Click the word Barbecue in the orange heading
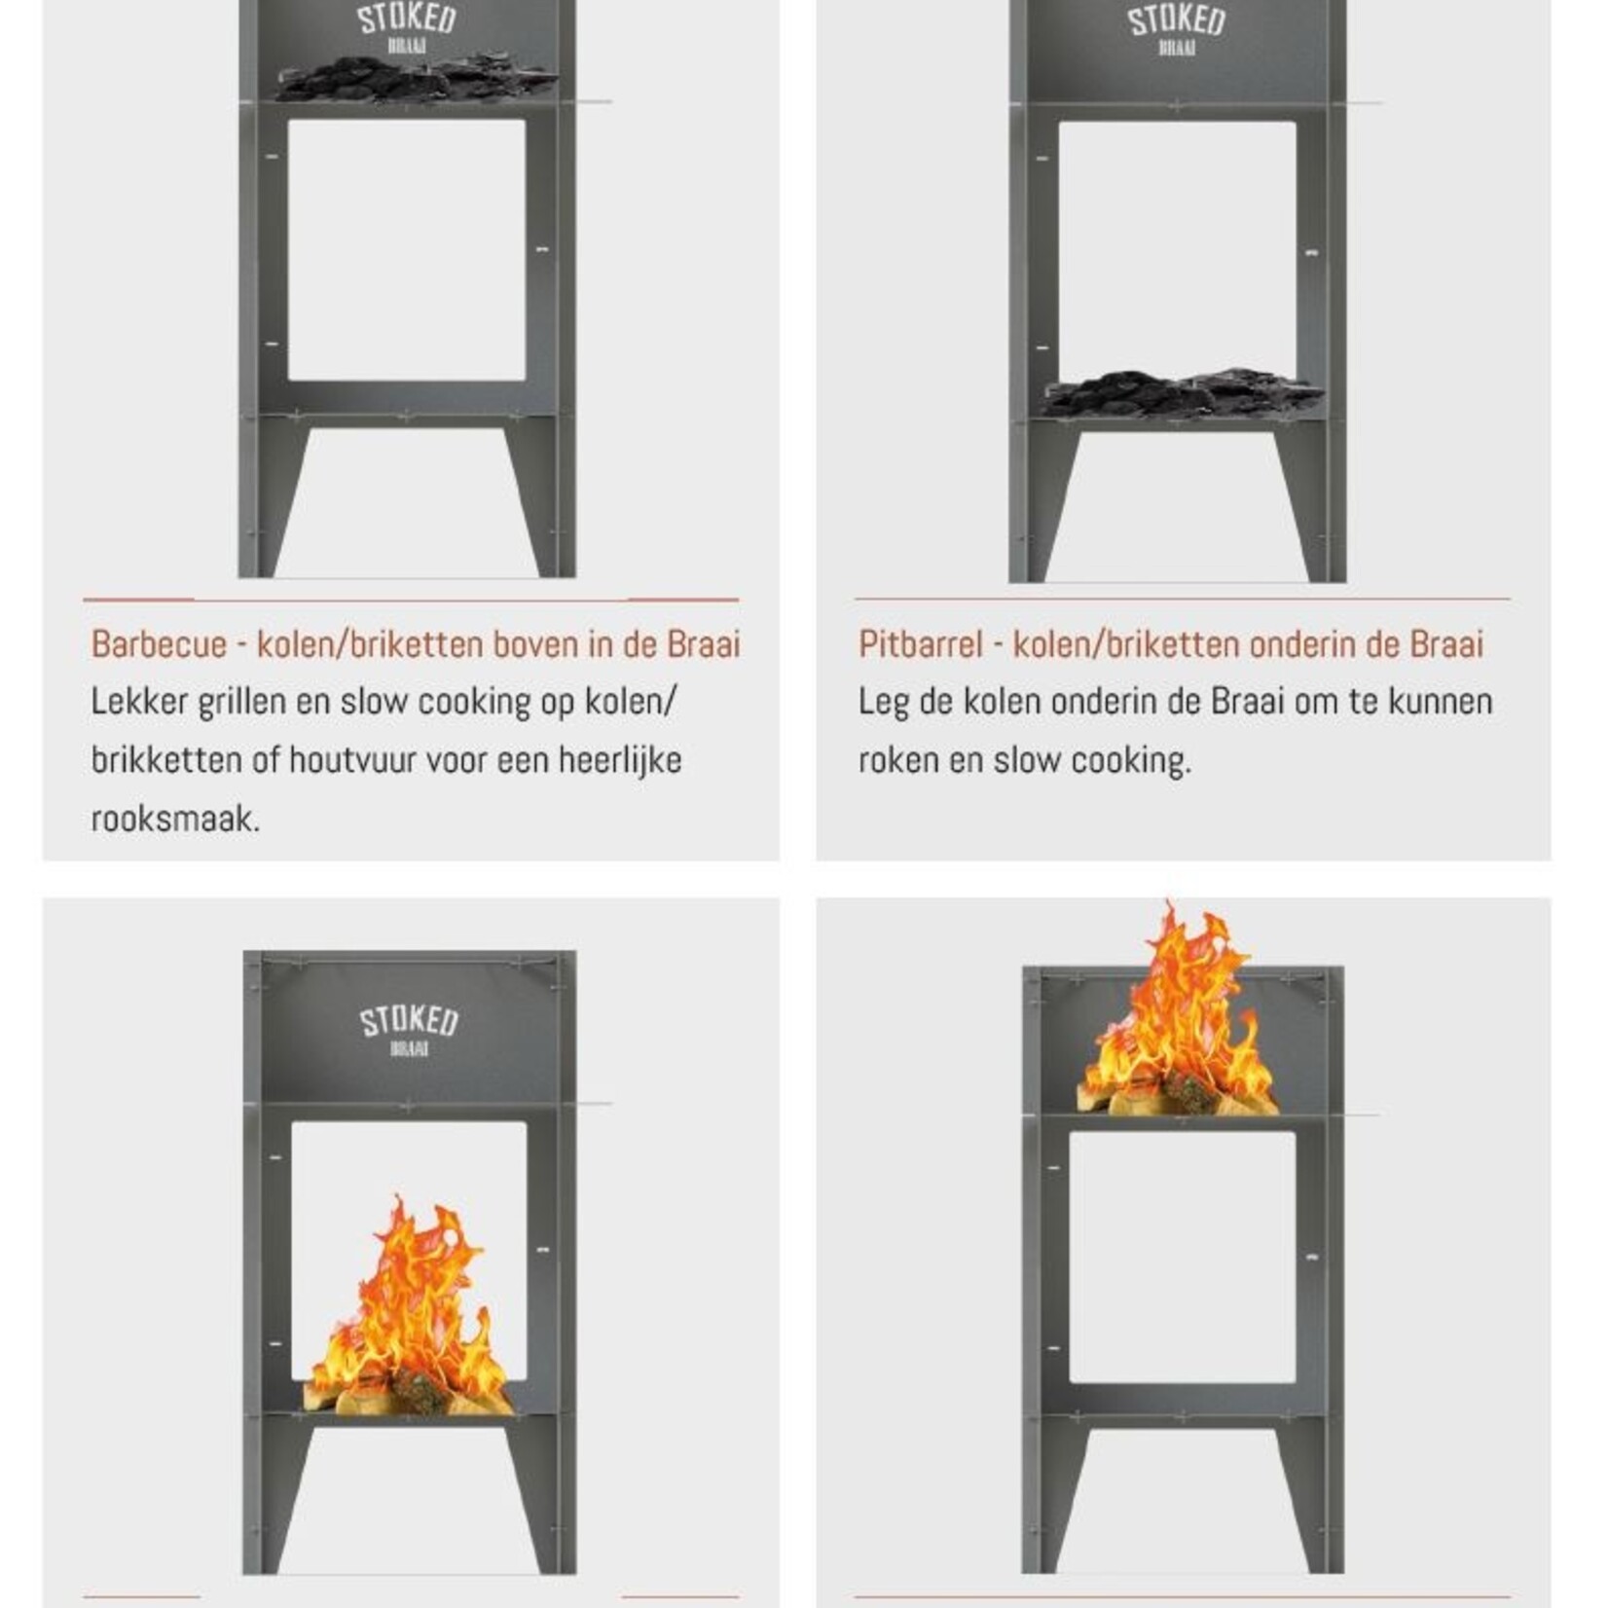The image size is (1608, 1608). pos(159,644)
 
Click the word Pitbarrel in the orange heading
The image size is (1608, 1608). pos(920,644)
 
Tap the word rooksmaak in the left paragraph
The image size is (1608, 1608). pos(175,819)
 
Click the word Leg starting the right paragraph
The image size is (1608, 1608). pos(883,702)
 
